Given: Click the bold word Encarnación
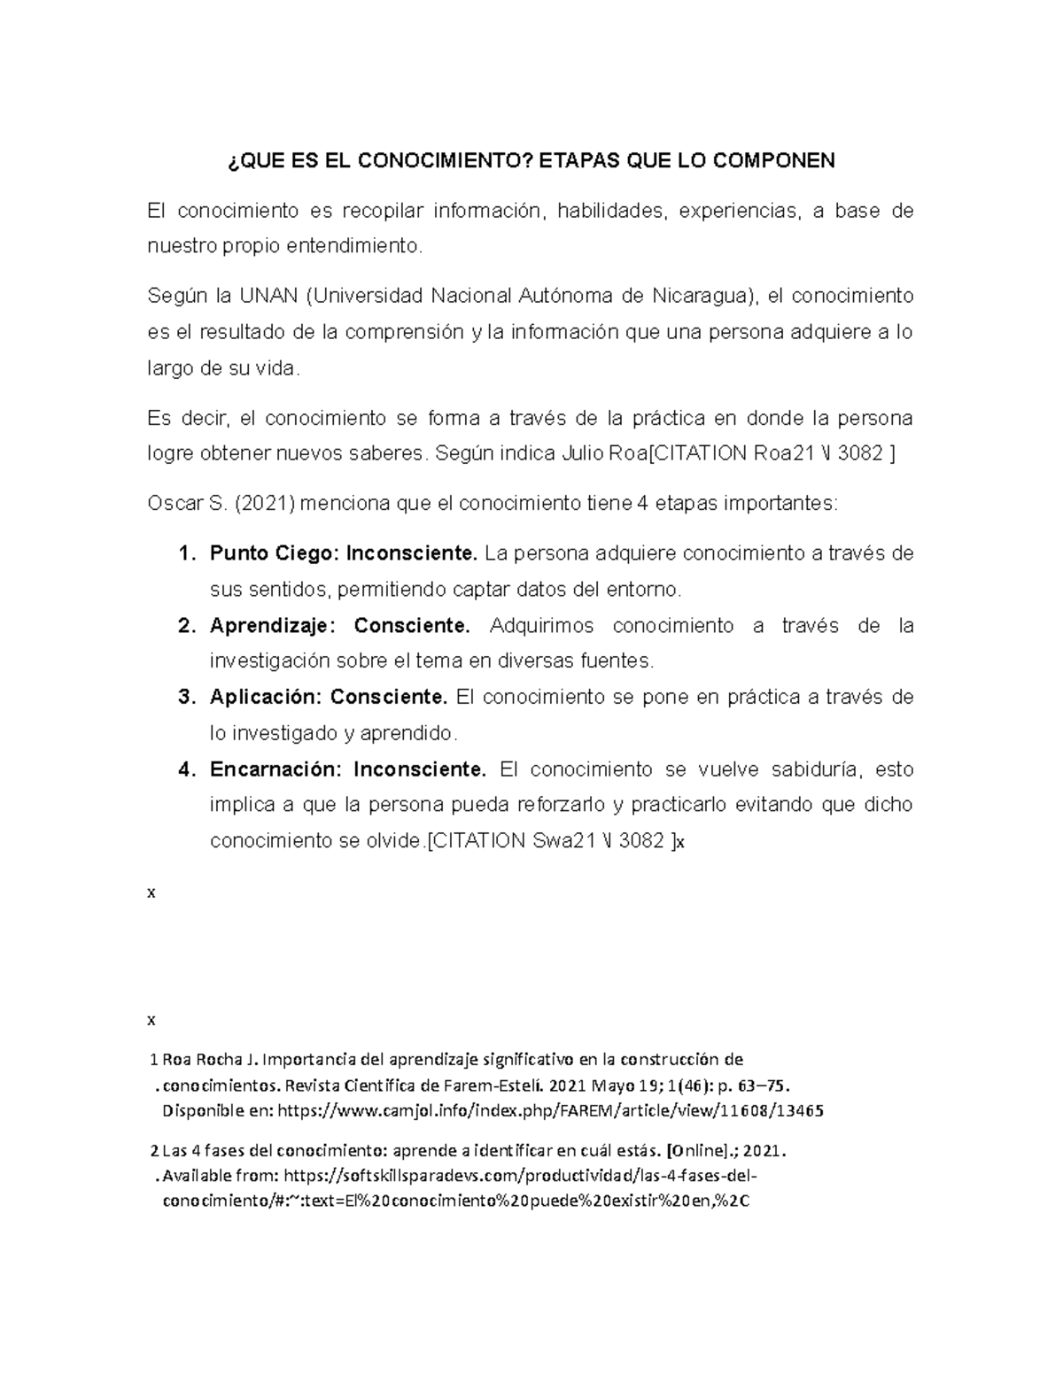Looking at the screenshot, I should pyautogui.click(x=274, y=769).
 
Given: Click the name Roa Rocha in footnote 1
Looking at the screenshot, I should pyautogui.click(x=201, y=1060).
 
